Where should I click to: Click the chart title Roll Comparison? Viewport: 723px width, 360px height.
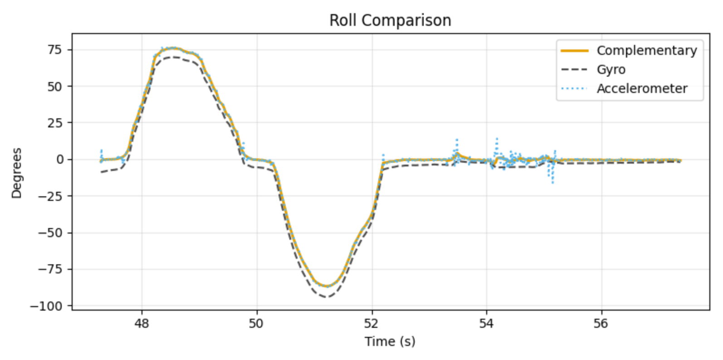click(x=390, y=20)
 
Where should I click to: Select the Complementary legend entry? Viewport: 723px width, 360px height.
click(x=646, y=50)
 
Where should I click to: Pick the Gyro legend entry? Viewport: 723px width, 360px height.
click(x=611, y=69)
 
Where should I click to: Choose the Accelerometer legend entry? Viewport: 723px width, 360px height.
click(x=641, y=88)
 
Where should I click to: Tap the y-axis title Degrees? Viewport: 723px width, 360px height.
click(x=17, y=173)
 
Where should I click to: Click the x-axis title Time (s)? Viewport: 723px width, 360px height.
click(x=390, y=341)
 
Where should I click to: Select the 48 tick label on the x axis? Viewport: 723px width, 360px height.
click(x=142, y=323)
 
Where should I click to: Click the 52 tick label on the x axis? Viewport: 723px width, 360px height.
click(x=372, y=323)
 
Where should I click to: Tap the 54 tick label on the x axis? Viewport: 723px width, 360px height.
click(x=487, y=323)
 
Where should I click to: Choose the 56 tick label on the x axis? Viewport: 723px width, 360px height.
click(x=601, y=323)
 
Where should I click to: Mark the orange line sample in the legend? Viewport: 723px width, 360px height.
click(x=574, y=50)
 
